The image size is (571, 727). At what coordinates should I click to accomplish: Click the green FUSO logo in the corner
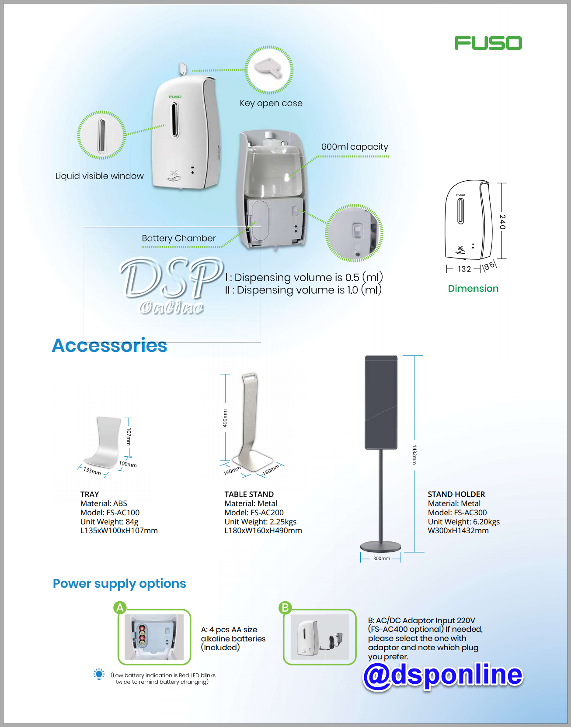pyautogui.click(x=488, y=43)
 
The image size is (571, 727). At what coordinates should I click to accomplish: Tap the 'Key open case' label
pyautogui.click(x=271, y=103)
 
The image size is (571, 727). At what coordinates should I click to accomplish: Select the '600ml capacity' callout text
pyautogui.click(x=355, y=147)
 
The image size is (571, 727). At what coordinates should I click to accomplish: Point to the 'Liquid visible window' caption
pyautogui.click(x=99, y=176)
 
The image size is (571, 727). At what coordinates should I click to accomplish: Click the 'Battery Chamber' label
pyautogui.click(x=179, y=238)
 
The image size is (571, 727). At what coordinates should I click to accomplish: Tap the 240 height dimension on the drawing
pyautogui.click(x=503, y=222)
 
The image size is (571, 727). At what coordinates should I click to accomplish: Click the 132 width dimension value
pyautogui.click(x=464, y=269)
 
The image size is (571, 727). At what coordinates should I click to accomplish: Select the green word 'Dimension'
pyautogui.click(x=473, y=289)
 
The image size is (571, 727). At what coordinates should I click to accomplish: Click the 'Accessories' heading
pyautogui.click(x=109, y=345)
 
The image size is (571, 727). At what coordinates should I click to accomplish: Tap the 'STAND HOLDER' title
pyautogui.click(x=456, y=494)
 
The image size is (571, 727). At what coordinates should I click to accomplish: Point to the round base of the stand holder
pyautogui.click(x=380, y=546)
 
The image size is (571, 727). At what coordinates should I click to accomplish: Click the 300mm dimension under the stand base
pyautogui.click(x=381, y=558)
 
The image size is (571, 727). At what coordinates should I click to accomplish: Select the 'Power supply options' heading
pyautogui.click(x=119, y=584)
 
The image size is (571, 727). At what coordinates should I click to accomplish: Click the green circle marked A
pyautogui.click(x=120, y=608)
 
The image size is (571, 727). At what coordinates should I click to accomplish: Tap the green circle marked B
pyautogui.click(x=285, y=608)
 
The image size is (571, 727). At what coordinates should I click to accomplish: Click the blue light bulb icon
pyautogui.click(x=99, y=675)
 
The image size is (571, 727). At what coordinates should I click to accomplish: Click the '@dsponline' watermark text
pyautogui.click(x=443, y=675)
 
